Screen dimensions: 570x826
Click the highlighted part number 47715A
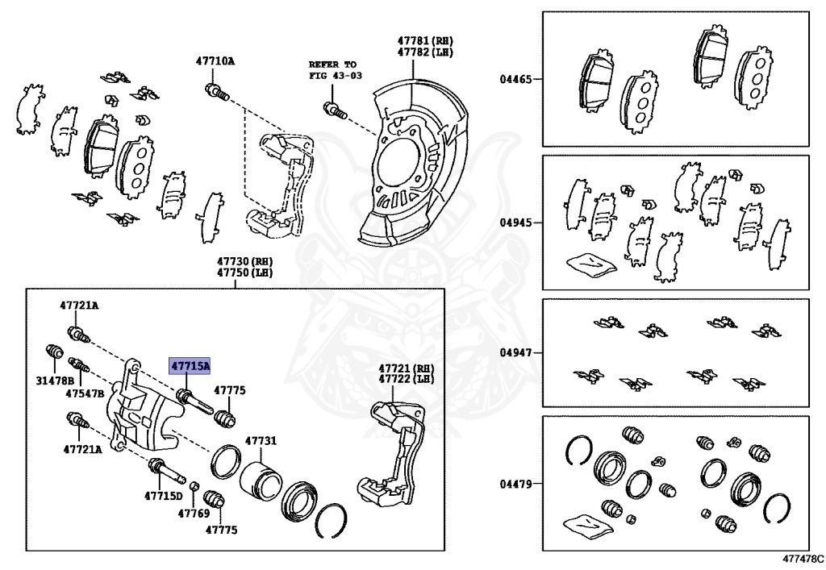pos(190,366)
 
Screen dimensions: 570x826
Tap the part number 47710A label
pos(215,60)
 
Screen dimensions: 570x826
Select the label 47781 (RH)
pos(425,40)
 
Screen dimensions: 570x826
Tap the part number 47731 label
pos(261,441)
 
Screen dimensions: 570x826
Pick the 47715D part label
pos(164,496)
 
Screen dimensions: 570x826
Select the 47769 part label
pos(194,513)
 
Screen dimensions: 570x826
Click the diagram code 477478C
pos(802,558)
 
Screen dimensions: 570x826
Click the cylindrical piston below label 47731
pos(260,481)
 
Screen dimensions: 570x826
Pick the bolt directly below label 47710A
pos(216,91)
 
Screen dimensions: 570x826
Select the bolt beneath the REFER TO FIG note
pos(333,110)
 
